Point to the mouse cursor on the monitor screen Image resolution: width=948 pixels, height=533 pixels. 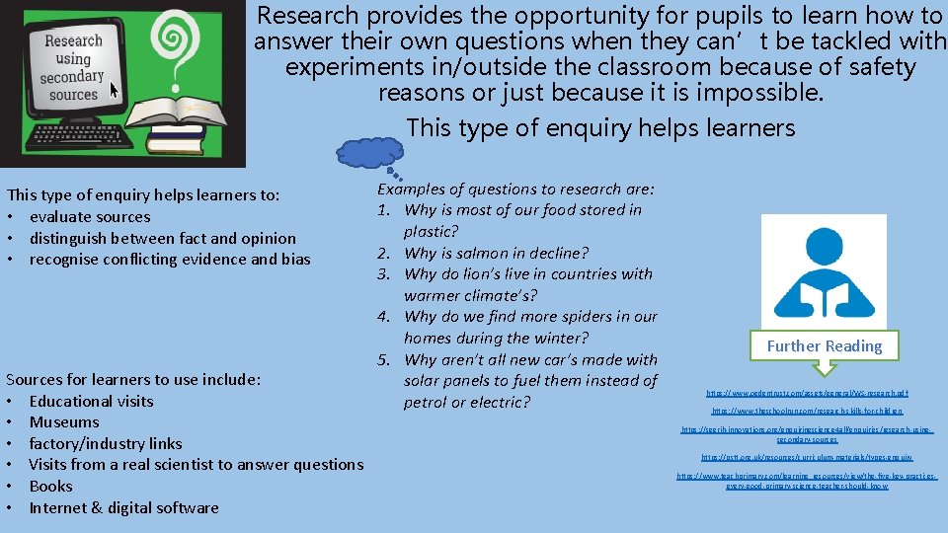click(113, 90)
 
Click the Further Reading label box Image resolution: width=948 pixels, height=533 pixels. click(824, 345)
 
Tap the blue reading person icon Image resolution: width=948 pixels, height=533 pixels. click(810, 266)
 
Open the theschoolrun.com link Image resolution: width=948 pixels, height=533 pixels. click(807, 411)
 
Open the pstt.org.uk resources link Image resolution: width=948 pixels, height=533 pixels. click(807, 457)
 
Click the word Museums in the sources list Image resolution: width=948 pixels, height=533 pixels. click(64, 422)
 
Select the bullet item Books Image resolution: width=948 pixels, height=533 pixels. click(51, 486)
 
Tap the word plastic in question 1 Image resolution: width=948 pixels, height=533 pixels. click(431, 231)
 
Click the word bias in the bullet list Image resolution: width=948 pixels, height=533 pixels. click(294, 260)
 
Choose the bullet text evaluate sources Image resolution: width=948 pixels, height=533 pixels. click(90, 217)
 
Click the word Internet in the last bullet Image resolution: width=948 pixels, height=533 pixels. click(60, 507)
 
